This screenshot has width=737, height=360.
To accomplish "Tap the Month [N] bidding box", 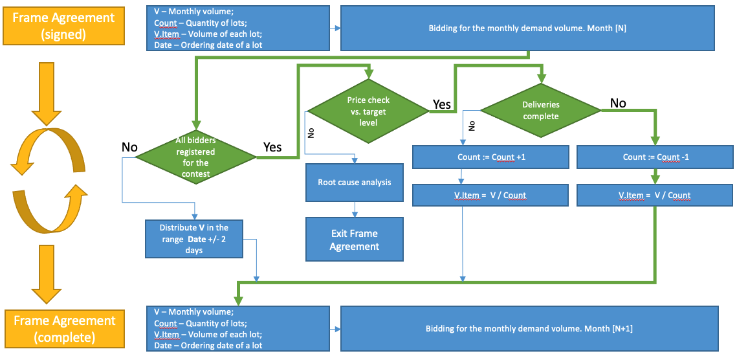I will point(527,28).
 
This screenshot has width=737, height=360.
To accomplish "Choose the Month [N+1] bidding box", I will point(529,328).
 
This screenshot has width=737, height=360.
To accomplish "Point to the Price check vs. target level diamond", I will point(368,111).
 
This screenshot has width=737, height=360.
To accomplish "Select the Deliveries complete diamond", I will point(540,110).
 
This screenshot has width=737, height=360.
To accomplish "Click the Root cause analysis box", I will point(354,182).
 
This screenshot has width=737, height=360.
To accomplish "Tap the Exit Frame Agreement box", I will point(354,240).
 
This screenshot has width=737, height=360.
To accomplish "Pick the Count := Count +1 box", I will point(490,157).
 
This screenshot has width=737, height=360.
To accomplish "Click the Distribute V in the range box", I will point(194,239).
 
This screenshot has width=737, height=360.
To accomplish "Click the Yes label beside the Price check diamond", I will point(441,104).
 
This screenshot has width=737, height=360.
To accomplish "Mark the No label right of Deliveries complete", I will point(618,103).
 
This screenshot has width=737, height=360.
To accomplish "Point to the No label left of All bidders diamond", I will point(129,147).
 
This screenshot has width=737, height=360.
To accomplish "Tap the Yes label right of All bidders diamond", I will point(272,147).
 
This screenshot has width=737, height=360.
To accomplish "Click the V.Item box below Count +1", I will point(490,195).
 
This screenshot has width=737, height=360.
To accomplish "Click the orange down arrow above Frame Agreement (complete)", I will point(45,275).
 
